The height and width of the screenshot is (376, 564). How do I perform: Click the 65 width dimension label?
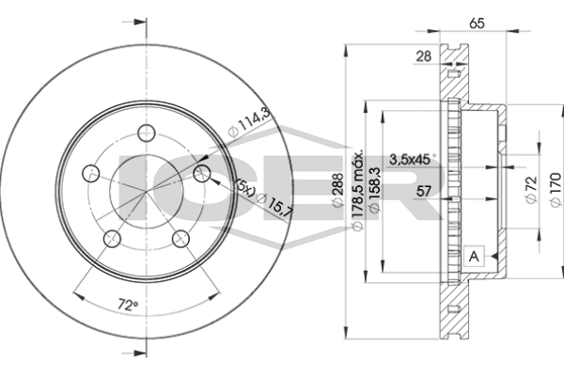(477, 23)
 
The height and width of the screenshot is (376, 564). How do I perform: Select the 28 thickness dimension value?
(423, 56)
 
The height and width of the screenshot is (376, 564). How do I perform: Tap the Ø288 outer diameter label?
(337, 191)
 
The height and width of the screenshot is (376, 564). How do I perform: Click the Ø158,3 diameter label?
(374, 190)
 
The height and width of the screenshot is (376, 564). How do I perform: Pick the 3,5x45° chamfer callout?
(413, 159)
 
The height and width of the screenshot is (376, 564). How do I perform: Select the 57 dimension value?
(423, 191)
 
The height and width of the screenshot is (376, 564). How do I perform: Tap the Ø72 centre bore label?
(531, 190)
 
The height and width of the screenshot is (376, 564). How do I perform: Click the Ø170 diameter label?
(556, 190)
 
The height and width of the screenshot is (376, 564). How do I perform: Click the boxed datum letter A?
(475, 257)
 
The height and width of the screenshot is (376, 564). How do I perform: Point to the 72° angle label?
(128, 305)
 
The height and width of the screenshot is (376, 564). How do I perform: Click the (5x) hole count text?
(245, 187)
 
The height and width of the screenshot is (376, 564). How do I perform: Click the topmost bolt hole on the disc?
(147, 133)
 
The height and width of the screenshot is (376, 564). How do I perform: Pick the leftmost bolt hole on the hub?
(91, 174)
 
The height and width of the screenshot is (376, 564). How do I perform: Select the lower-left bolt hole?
(112, 239)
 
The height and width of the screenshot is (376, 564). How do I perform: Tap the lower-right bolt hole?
(180, 239)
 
